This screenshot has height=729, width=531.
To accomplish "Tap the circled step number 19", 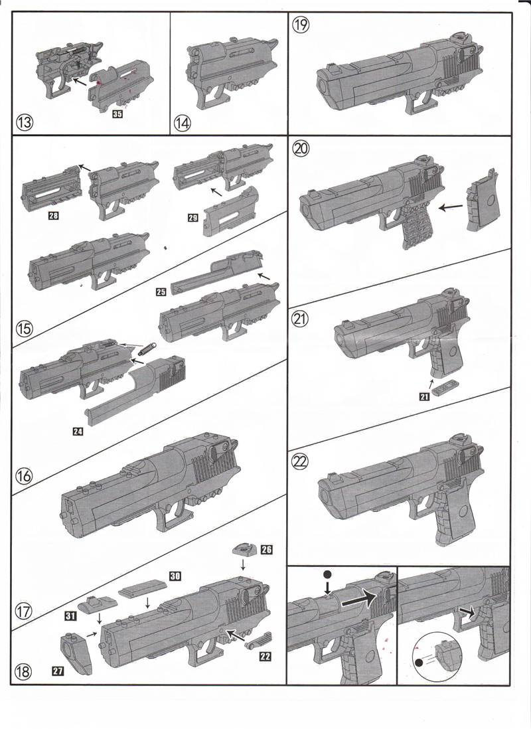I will [301, 25].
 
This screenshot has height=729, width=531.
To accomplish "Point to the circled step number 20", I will [301, 149].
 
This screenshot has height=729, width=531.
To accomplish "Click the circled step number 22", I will [301, 459].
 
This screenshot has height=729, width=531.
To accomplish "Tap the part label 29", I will [194, 216].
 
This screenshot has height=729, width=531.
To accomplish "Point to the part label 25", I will [161, 292].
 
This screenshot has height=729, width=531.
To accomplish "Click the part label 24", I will [78, 432].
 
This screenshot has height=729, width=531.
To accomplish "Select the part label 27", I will [58, 672].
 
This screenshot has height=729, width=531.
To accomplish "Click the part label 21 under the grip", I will [423, 396].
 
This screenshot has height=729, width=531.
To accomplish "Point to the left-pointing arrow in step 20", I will [451, 207].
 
